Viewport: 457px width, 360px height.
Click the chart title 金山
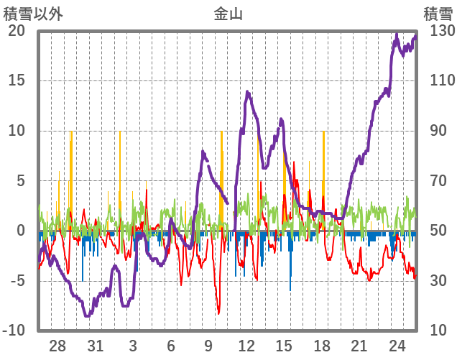coord(228,13)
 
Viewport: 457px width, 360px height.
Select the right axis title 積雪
coord(438,13)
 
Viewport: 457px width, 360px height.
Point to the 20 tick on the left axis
coord(17,31)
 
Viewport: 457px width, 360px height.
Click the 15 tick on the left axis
coord(17,80)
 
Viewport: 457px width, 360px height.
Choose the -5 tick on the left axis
coord(17,280)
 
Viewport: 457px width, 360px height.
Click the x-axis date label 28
coord(57,345)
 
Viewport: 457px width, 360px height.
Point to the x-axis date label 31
coord(95,345)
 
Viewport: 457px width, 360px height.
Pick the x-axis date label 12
coord(246,345)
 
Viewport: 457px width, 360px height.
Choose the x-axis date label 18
coord(322,345)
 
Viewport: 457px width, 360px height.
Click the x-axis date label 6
coord(171,345)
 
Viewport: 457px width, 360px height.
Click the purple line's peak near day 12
coord(247,92)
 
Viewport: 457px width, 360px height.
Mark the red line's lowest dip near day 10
coord(218,313)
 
